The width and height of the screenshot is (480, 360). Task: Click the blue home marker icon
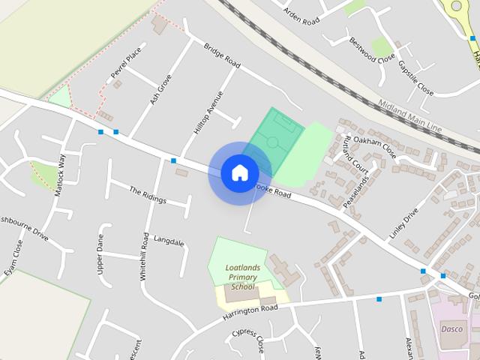239,172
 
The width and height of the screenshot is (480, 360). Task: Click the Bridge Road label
222,55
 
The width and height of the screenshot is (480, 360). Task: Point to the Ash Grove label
160,88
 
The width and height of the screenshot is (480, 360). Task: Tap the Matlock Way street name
60,175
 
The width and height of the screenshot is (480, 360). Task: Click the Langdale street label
169,241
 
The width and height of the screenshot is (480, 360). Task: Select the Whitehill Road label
144,256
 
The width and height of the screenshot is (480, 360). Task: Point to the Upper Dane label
100,254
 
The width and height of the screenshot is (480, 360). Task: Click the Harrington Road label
250,313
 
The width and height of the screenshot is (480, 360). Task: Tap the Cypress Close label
247,340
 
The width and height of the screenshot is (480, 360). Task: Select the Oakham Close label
374,145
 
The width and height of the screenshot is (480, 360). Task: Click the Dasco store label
451,328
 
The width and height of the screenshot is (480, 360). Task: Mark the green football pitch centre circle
273,141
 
